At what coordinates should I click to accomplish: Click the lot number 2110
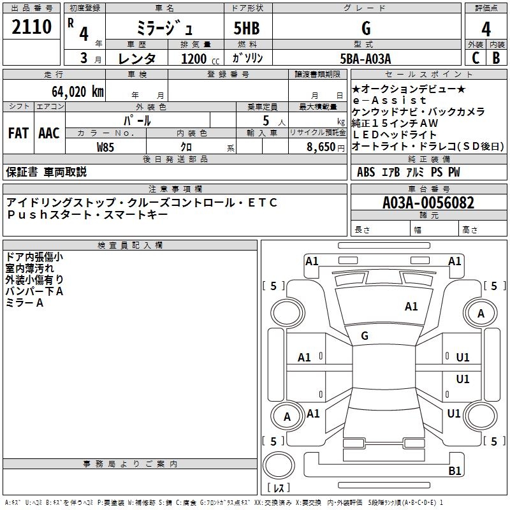32,27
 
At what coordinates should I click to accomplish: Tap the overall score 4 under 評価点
486,29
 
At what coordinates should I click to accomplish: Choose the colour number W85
105,147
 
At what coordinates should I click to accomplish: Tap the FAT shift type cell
18,133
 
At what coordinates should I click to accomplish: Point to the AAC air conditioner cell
48,133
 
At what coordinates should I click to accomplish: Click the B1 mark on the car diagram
455,470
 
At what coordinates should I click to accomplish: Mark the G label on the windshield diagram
365,335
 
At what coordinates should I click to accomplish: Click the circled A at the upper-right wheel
481,313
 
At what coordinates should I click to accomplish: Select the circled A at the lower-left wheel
287,417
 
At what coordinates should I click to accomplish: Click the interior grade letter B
496,57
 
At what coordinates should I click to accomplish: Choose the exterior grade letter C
475,57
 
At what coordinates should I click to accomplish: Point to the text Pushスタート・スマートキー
87,214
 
